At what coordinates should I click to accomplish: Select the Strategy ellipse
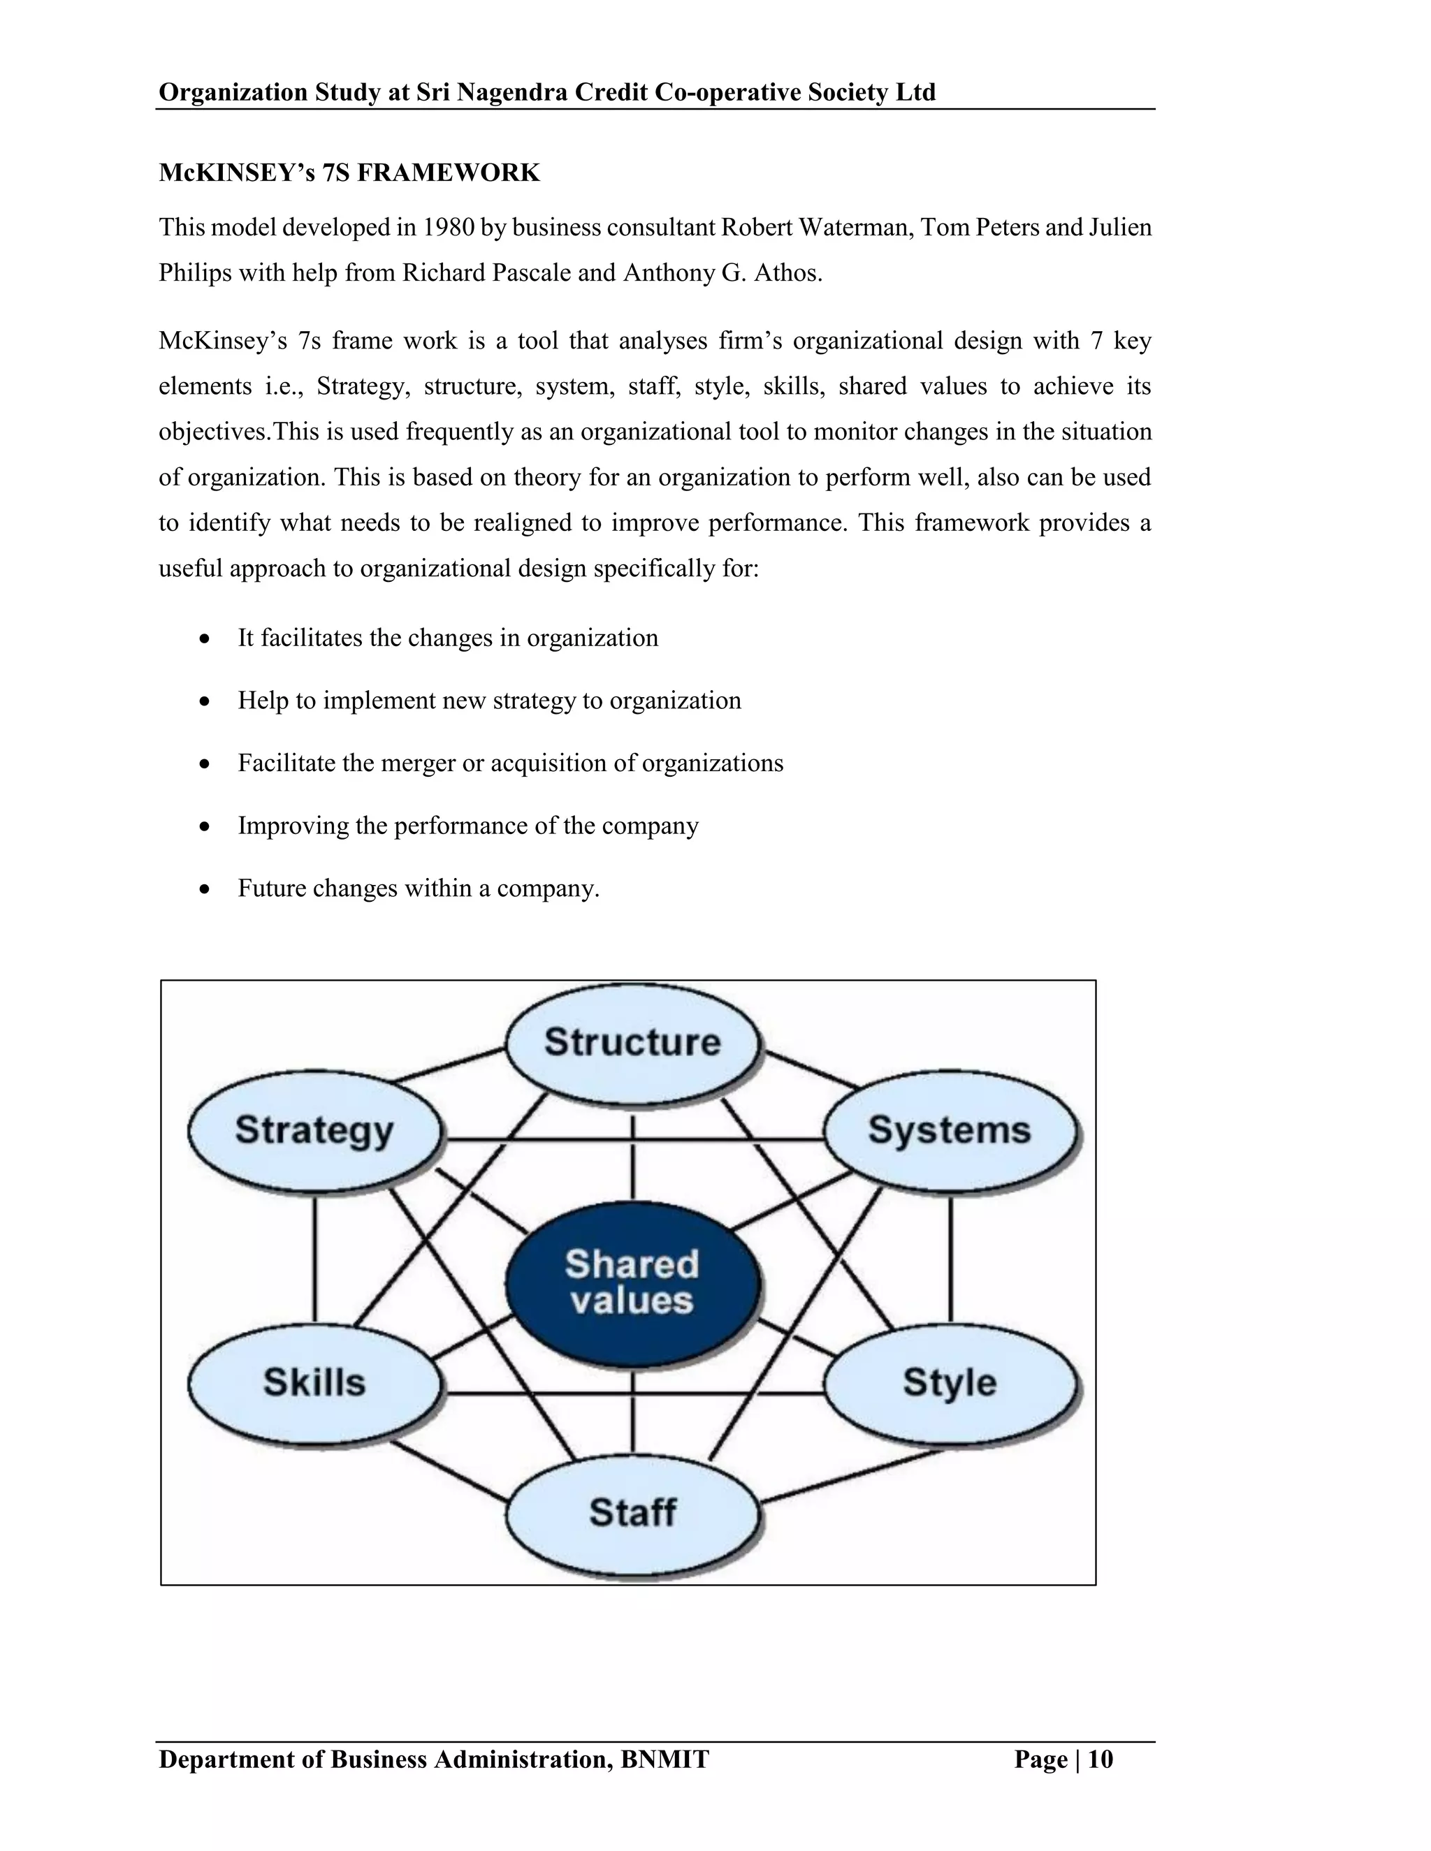coord(314,1131)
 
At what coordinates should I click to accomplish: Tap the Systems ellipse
coord(950,1131)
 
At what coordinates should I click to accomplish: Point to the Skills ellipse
coord(314,1382)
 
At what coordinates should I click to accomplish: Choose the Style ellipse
coord(950,1382)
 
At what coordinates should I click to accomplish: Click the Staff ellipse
coord(632,1513)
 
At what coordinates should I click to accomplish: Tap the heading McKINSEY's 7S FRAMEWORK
coord(349,173)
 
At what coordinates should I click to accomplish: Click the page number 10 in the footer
coord(1101,1759)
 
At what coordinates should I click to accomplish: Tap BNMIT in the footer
coord(664,1759)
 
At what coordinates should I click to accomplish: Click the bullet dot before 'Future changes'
coord(204,889)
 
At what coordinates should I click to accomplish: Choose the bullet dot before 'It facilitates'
coord(204,638)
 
